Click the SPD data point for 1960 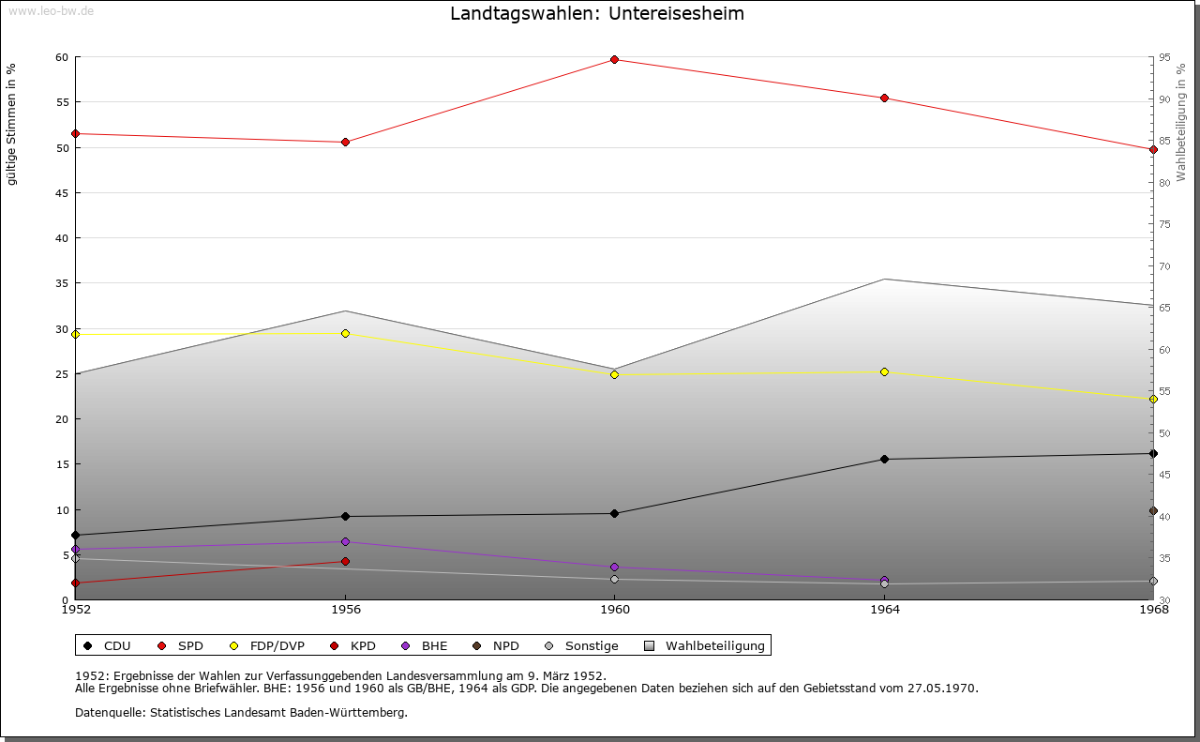click(x=614, y=59)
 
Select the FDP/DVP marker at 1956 click(x=345, y=333)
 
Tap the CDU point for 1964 click(x=884, y=459)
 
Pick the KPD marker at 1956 click(x=345, y=561)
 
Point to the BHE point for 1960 click(x=614, y=567)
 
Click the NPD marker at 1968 click(x=1153, y=511)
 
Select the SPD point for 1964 click(x=884, y=98)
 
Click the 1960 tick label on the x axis click(x=614, y=610)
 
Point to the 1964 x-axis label click(x=884, y=610)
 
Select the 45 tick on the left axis click(x=62, y=193)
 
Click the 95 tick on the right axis click(x=1164, y=57)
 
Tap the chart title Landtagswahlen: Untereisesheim click(x=597, y=13)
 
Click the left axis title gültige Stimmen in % click(x=11, y=124)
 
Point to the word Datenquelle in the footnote click(x=106, y=712)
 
